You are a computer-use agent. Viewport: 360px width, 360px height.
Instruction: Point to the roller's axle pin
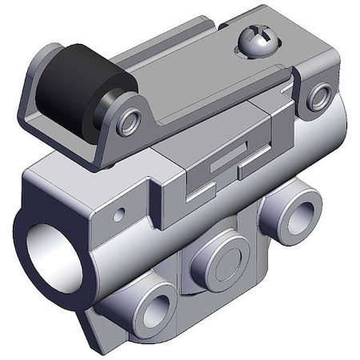tap(129, 122)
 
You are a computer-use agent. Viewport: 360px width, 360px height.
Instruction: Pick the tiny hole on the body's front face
tap(119, 214)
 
